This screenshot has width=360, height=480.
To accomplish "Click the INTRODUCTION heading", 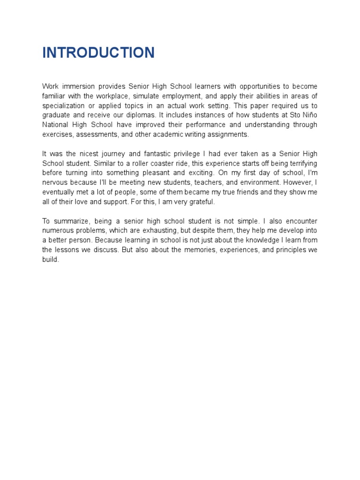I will click(98, 52).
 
